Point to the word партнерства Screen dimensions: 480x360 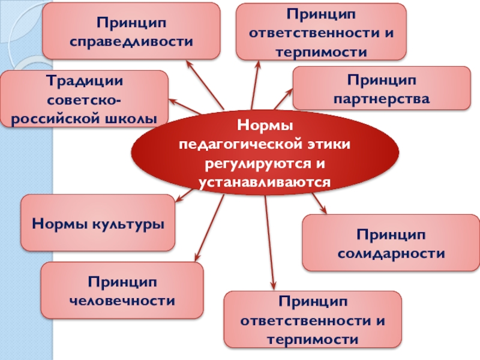381,98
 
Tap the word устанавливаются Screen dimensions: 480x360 265,181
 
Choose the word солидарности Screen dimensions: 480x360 391,253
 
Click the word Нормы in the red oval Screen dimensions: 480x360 265,127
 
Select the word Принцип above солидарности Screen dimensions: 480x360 391,235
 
